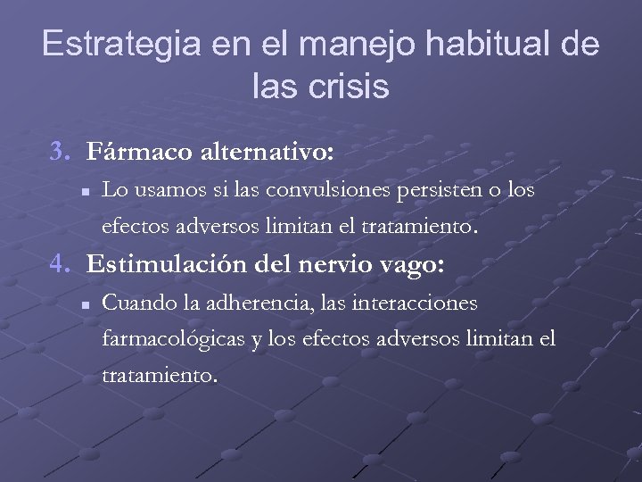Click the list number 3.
pyautogui.click(x=59, y=152)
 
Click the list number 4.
pyautogui.click(x=59, y=264)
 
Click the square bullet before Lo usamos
pyautogui.click(x=83, y=191)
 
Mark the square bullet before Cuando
pyautogui.click(x=83, y=304)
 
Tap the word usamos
pyautogui.click(x=158, y=190)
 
